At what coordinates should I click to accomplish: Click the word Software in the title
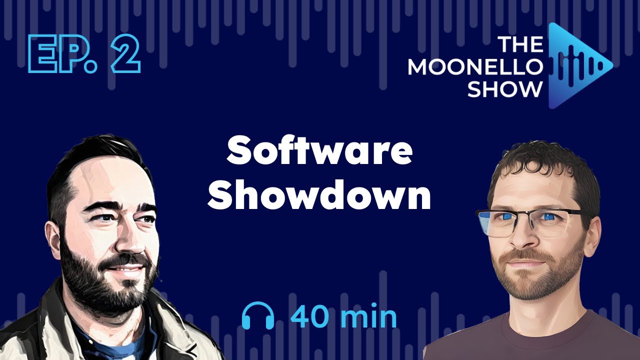point(319,152)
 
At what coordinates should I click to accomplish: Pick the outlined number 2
point(123,55)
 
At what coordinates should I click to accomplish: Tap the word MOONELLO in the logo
point(475,66)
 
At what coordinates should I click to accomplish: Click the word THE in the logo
point(520,45)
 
